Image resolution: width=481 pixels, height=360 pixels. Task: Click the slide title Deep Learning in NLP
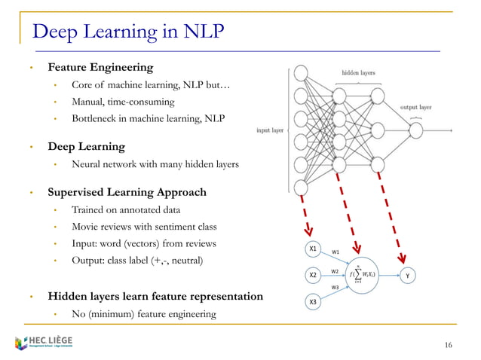(127, 32)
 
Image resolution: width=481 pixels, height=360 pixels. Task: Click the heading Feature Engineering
(100, 68)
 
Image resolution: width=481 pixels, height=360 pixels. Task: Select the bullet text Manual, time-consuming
(123, 101)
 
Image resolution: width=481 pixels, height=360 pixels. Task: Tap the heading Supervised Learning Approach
(127, 192)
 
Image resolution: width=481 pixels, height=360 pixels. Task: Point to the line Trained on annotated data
(126, 209)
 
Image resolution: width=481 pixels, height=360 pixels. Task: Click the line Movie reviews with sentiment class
(144, 227)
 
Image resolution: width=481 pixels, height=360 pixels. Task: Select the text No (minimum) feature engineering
(143, 313)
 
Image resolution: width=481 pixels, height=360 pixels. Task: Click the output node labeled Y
(408, 276)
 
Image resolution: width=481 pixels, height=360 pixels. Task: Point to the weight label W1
(335, 252)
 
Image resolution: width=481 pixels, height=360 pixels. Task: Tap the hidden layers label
(358, 73)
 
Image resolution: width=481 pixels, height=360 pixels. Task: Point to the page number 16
(449, 345)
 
